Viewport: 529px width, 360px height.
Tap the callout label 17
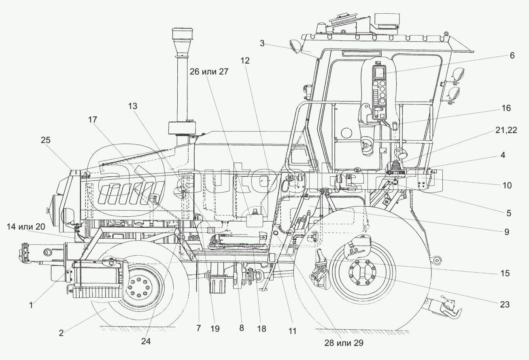tap(93, 119)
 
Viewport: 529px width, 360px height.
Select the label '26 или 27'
tap(210, 72)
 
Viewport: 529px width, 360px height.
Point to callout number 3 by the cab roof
tap(262, 43)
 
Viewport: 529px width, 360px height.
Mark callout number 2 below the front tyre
tap(61, 333)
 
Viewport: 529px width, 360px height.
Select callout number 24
tap(146, 341)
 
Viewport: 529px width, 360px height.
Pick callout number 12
tap(245, 61)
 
